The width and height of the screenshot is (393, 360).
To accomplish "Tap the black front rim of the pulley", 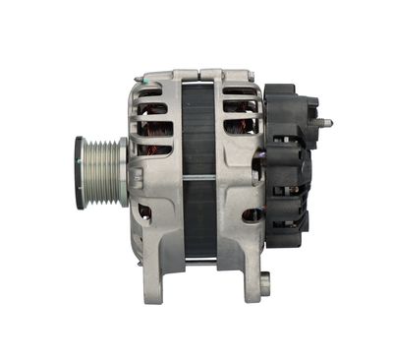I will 79,172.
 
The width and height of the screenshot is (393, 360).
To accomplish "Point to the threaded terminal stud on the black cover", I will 324,123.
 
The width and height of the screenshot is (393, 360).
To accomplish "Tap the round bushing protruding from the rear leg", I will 263,284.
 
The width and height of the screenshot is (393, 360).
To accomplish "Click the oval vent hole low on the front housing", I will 144,210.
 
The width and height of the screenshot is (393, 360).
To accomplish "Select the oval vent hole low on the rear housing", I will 252,214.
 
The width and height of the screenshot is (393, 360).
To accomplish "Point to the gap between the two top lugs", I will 200,74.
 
